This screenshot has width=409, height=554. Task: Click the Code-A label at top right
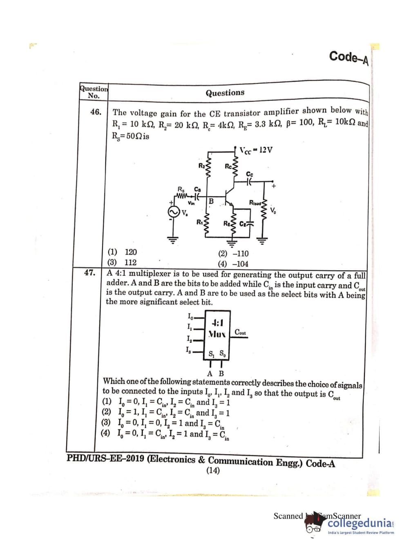349,58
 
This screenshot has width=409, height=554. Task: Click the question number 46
96,112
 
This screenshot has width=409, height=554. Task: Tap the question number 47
90,273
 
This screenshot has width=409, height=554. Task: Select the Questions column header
225,93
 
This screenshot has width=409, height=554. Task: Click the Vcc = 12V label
256,150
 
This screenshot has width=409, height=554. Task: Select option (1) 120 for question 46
122,252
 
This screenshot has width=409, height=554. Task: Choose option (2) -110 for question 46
233,254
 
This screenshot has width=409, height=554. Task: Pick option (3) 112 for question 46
122,262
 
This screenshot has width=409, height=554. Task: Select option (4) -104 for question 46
233,264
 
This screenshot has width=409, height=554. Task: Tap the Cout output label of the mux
241,333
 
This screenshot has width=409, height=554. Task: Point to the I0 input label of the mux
190,316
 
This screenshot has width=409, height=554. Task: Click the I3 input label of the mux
188,350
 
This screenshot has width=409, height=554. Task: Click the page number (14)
213,470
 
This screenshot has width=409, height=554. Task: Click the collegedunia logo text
360,523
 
